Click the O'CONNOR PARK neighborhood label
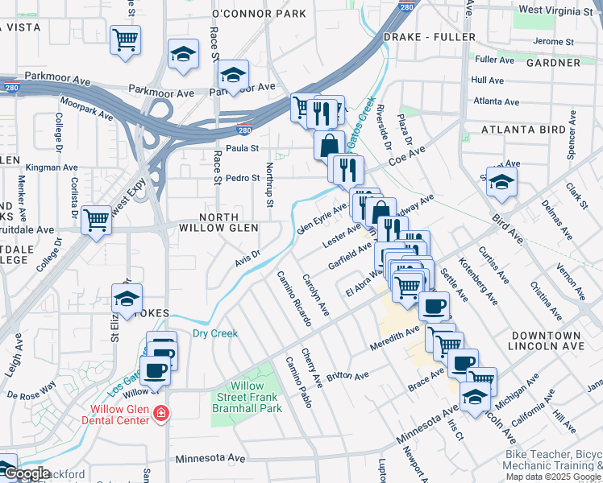pos(259,14)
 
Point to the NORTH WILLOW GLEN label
pos(219,223)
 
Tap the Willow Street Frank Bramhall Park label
pos(244,398)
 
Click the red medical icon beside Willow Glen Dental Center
pos(161,413)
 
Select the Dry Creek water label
pos(214,333)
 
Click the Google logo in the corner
pos(25,473)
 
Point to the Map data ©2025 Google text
pos(554,476)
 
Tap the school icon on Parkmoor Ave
pos(233,76)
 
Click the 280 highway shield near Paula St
pos(243,130)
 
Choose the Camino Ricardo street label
pos(294,297)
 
